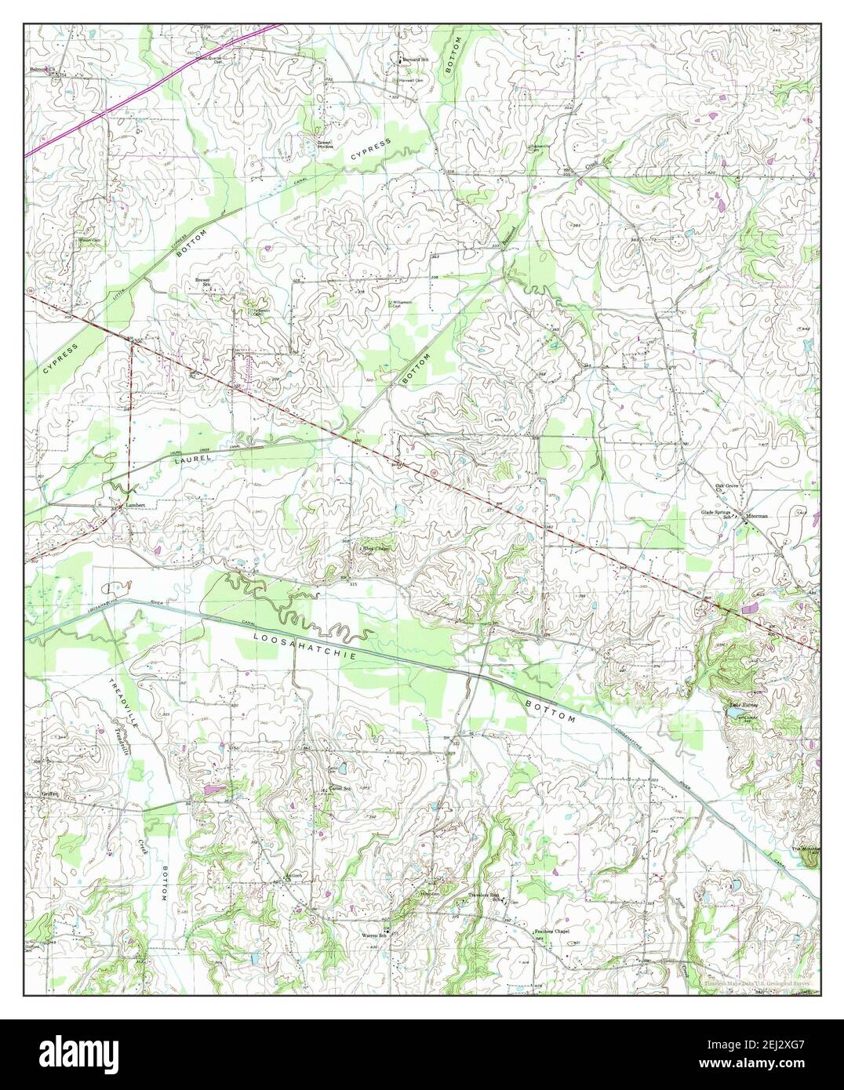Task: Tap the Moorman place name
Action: [x=757, y=517]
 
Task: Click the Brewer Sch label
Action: [x=204, y=282]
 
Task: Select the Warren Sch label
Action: [x=374, y=936]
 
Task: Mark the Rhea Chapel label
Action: [x=374, y=548]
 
